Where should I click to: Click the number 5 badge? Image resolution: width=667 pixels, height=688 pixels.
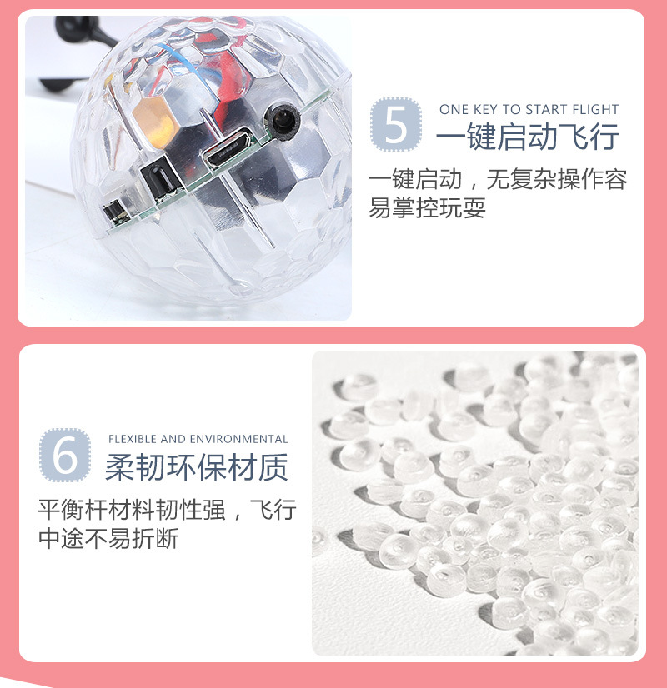coord(396,124)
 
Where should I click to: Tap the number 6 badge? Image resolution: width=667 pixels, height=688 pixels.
coord(64,455)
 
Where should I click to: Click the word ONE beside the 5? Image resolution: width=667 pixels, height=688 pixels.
coord(454,109)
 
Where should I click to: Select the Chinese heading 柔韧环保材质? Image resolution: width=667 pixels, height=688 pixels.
coord(196,468)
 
